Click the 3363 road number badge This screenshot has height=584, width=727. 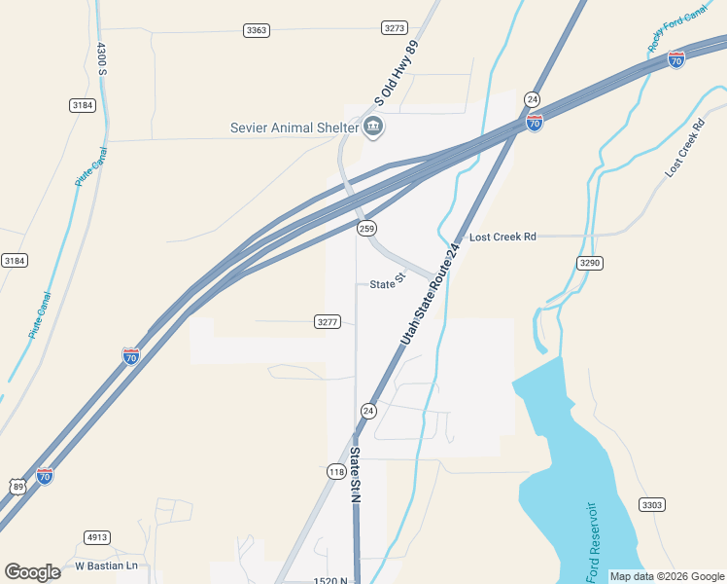257,30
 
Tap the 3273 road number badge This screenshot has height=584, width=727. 395,28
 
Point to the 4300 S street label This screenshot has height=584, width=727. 102,60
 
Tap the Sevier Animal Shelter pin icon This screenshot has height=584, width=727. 373,127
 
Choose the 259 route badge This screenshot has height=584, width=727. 366,228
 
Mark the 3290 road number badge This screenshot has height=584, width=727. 590,263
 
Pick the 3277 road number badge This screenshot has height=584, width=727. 328,321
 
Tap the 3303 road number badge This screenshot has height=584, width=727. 652,504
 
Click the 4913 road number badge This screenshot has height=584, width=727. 97,537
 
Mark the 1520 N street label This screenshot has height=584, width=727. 330,580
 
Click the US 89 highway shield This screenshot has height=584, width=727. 17,485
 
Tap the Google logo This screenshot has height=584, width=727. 32,572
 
